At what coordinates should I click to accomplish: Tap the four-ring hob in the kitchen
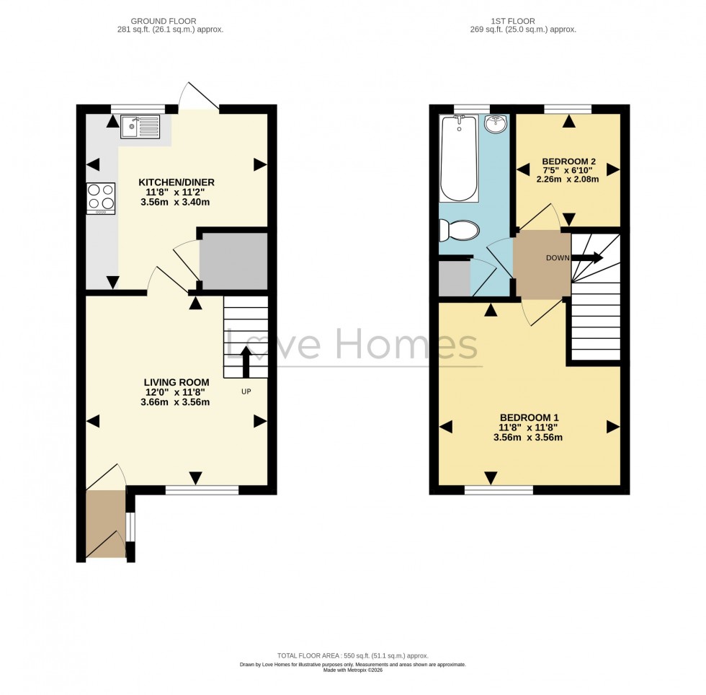click(x=101, y=198)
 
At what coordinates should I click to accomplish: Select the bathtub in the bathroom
click(x=459, y=159)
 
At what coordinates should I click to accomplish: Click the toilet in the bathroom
click(x=459, y=231)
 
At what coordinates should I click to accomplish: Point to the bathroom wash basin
click(x=496, y=125)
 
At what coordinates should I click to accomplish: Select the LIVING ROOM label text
click(x=176, y=382)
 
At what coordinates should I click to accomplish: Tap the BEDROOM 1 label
click(x=529, y=417)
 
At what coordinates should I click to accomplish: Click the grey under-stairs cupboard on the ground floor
click(x=233, y=260)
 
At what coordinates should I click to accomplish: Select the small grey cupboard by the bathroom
click(x=453, y=278)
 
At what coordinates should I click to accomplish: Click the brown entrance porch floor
click(x=105, y=523)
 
